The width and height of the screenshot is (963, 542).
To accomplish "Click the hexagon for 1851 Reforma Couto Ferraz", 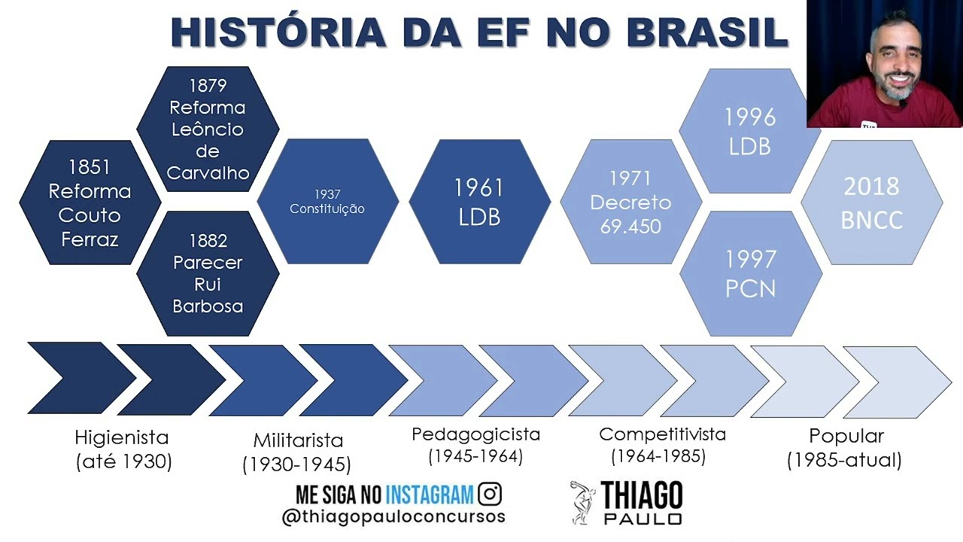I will coord(90,202).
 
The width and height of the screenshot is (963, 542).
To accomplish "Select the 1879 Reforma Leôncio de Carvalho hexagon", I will coord(208,129).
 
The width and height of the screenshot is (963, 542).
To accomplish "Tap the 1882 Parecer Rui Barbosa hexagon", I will coord(208,273).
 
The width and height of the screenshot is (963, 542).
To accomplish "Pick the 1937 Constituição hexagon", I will coord(327,202).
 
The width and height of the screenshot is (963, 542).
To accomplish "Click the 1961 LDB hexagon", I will coord(479,202).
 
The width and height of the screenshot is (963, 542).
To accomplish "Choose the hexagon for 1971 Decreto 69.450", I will coord(630,202).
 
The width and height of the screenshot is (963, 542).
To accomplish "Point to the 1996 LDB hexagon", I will coord(750,130).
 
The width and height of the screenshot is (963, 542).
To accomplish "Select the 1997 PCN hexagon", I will coord(750,273).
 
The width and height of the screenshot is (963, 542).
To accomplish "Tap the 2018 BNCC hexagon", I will coord(871,202).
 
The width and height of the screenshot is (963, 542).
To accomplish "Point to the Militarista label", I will coord(298,440).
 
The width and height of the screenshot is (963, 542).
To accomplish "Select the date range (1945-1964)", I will coord(475,455).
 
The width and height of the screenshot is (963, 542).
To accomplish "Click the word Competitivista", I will coord(662,434).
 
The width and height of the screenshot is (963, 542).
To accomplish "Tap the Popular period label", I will coord(846,436).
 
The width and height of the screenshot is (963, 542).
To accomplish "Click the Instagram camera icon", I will coord(490,495).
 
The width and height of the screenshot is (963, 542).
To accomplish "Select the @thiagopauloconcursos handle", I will coord(393,517).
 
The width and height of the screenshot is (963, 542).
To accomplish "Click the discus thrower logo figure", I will coord(583,501).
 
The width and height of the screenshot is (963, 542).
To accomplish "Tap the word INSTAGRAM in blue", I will coord(430,495).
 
